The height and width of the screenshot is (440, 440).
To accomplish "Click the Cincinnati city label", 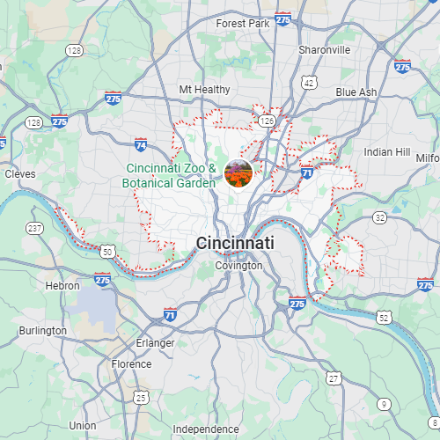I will pos(235,243).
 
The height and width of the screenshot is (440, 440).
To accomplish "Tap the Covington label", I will pos(238,265).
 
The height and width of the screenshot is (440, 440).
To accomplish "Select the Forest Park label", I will pos(243,24).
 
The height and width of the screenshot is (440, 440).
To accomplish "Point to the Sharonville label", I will pos(325,50).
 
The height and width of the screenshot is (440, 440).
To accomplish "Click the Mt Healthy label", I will pos(204,90).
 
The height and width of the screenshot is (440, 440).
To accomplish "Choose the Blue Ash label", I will pos(356,92).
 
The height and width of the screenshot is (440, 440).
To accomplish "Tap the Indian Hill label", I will pos(387,152).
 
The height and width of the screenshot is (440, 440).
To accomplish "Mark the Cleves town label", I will pos(20,174).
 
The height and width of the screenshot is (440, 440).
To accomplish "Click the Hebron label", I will pos(62,286).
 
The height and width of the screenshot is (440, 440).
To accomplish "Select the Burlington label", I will pos(42,331).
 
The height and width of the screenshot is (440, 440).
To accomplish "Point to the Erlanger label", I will pos(155,342).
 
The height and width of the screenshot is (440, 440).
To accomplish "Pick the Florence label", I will pos(131,363).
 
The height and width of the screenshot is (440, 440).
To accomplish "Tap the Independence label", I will pos(205,429).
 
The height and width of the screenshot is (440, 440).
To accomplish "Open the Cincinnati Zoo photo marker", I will pos(238,173).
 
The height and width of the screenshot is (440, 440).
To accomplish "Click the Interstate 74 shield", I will pos(141,143).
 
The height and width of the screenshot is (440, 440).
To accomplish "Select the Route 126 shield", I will pos(268,120).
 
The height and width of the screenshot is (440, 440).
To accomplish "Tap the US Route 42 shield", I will pos(309,82).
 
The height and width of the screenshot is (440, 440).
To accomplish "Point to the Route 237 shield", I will pos(35,229).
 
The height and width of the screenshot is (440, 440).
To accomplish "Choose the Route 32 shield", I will pos(379,216).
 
